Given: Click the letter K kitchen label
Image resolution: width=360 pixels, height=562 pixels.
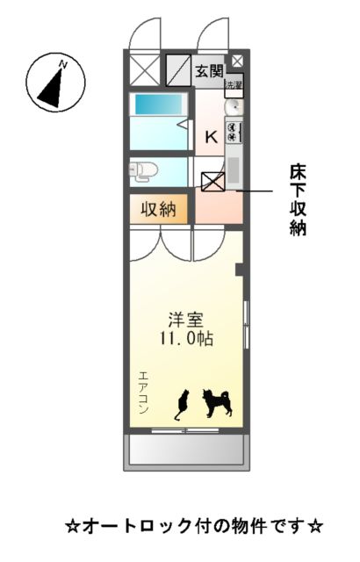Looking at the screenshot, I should [x=211, y=137].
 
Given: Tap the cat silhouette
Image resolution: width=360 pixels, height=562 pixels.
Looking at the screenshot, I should [x=183, y=405].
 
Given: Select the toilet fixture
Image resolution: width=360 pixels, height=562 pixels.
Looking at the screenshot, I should [x=143, y=169].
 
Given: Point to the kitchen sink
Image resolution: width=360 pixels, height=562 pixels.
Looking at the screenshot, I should [x=234, y=107].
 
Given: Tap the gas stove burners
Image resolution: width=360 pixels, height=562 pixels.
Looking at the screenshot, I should [x=234, y=132].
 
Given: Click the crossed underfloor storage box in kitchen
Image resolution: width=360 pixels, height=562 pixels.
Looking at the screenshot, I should [x=213, y=181].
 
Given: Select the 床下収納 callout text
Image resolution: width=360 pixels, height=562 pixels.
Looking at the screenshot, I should [x=298, y=199].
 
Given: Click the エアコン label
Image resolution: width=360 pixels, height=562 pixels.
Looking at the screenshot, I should [x=142, y=392].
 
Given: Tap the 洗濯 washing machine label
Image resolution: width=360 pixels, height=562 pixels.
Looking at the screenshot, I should [x=234, y=85].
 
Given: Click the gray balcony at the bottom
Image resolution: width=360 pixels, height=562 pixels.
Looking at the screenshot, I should [x=186, y=450].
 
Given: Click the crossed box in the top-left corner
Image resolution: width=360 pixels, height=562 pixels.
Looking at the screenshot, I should [x=142, y=69].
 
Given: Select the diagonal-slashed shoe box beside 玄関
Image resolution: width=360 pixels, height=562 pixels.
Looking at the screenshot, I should [x=178, y=69].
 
